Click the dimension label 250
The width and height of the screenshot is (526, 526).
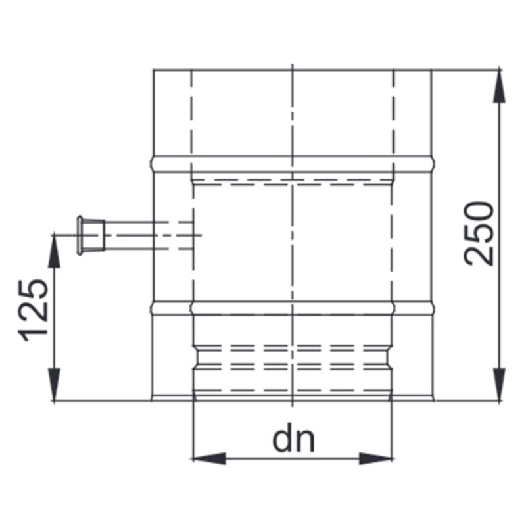(x=479, y=233)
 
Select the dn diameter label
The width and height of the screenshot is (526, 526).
(x=293, y=440)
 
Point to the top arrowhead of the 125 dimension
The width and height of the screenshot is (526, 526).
(x=54, y=250)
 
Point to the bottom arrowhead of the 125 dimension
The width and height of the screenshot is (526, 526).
(x=54, y=385)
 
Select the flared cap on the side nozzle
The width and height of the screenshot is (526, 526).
(x=83, y=235)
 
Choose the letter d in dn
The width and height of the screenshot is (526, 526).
(x=283, y=440)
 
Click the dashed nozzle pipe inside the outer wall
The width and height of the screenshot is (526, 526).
(x=174, y=235)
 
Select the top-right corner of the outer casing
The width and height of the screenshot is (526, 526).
(x=431, y=69)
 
